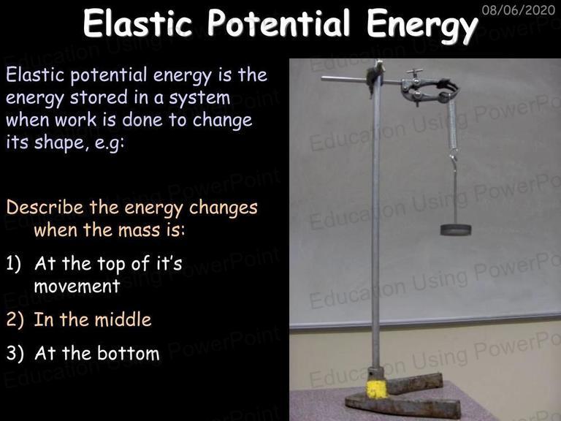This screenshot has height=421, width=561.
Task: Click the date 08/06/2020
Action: (519, 10)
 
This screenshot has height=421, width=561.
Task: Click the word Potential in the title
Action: (278, 23)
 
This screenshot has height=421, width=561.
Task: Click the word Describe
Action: (45, 207)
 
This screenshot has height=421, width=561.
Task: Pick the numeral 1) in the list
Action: (14, 264)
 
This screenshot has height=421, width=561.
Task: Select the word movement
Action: (77, 286)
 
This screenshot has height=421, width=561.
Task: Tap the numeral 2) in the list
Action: (15, 319)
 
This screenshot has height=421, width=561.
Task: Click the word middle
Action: (123, 319)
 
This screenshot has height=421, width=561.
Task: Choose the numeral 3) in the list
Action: (15, 353)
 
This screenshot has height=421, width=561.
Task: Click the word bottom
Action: (129, 353)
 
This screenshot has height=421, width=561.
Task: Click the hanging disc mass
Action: (456, 230)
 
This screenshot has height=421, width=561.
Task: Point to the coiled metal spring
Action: (452, 124)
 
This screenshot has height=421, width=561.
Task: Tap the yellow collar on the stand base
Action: (377, 389)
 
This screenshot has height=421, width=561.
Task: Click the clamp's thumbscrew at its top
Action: (414, 72)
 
